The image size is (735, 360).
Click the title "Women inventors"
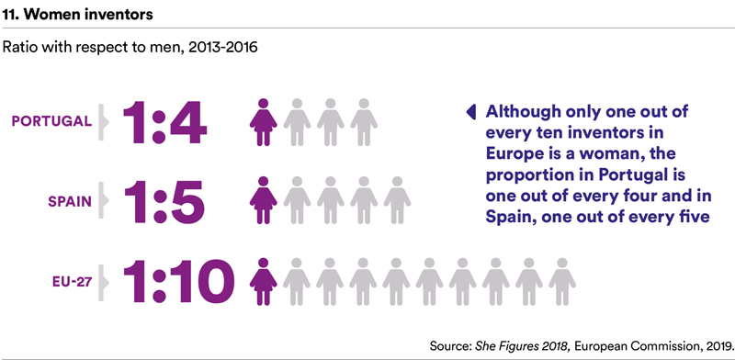point(88,15)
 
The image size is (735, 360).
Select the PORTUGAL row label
point(51,121)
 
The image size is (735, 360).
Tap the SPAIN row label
point(71,201)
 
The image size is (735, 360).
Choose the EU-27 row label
point(72,282)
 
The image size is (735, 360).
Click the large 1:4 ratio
point(164,122)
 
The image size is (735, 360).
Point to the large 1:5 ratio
point(164,202)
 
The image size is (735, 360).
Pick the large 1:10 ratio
point(178,283)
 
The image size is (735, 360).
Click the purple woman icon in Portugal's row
point(263,122)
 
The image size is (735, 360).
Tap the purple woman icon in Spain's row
point(263,200)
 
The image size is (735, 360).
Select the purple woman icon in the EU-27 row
point(263,282)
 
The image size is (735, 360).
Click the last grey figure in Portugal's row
point(364,122)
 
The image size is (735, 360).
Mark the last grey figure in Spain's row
point(397,200)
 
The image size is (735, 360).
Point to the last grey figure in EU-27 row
point(562,282)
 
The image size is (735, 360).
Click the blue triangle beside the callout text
point(471,111)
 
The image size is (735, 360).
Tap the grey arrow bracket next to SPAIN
point(103,201)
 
